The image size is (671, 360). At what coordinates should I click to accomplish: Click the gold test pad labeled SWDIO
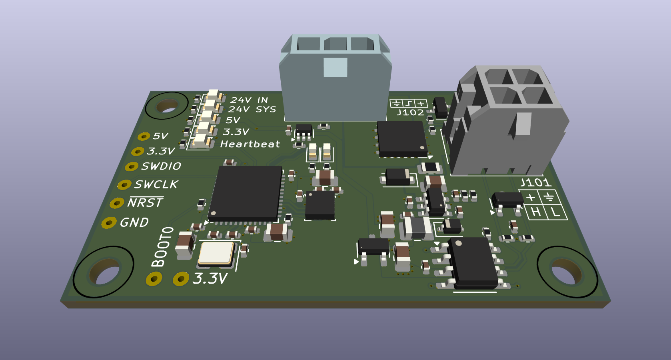[132, 166]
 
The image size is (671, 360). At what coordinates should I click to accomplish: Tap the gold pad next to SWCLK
[124, 185]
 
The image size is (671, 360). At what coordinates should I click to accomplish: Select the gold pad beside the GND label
[109, 223]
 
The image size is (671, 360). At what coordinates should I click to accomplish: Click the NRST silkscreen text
[145, 203]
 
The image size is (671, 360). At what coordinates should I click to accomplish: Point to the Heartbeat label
[250, 144]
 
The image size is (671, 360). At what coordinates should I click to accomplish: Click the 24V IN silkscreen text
[249, 100]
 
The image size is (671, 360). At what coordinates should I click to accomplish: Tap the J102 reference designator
[410, 113]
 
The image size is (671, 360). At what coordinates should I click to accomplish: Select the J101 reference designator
[535, 183]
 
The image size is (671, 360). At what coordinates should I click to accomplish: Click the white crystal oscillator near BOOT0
[216, 253]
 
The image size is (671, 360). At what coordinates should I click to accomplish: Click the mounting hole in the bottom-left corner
[104, 272]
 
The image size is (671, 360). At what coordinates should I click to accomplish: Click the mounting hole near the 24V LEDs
[167, 106]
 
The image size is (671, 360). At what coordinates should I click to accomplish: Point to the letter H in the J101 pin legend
[536, 212]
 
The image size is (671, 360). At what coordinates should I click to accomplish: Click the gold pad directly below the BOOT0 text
[154, 279]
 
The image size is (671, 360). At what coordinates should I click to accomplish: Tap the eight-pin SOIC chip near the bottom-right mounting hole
[472, 262]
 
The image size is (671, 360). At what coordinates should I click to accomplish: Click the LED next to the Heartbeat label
[202, 140]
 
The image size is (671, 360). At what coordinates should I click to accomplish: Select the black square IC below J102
[402, 138]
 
